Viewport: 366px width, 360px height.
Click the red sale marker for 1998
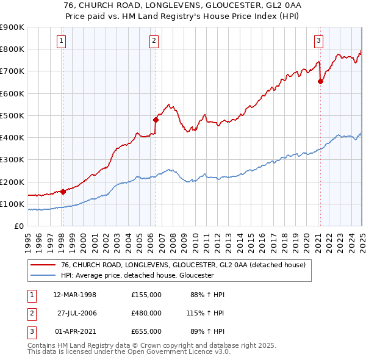pos(63,192)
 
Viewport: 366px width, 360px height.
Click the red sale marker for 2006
pos(156,120)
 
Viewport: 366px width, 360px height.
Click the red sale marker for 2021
pos(320,81)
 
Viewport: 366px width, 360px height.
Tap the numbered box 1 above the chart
pos(62,41)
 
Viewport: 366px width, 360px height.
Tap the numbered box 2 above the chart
pos(154,41)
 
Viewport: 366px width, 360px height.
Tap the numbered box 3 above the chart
pos(318,41)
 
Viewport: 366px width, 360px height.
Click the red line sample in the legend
pos(43,265)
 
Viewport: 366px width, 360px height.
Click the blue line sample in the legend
pos(43,275)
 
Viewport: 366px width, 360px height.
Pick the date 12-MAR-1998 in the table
pos(75,295)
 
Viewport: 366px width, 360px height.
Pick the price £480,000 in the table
pos(146,313)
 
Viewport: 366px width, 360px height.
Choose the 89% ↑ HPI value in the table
pos(207,331)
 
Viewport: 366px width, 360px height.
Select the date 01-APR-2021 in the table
pos(75,331)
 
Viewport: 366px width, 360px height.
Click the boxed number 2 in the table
pos(30,313)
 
